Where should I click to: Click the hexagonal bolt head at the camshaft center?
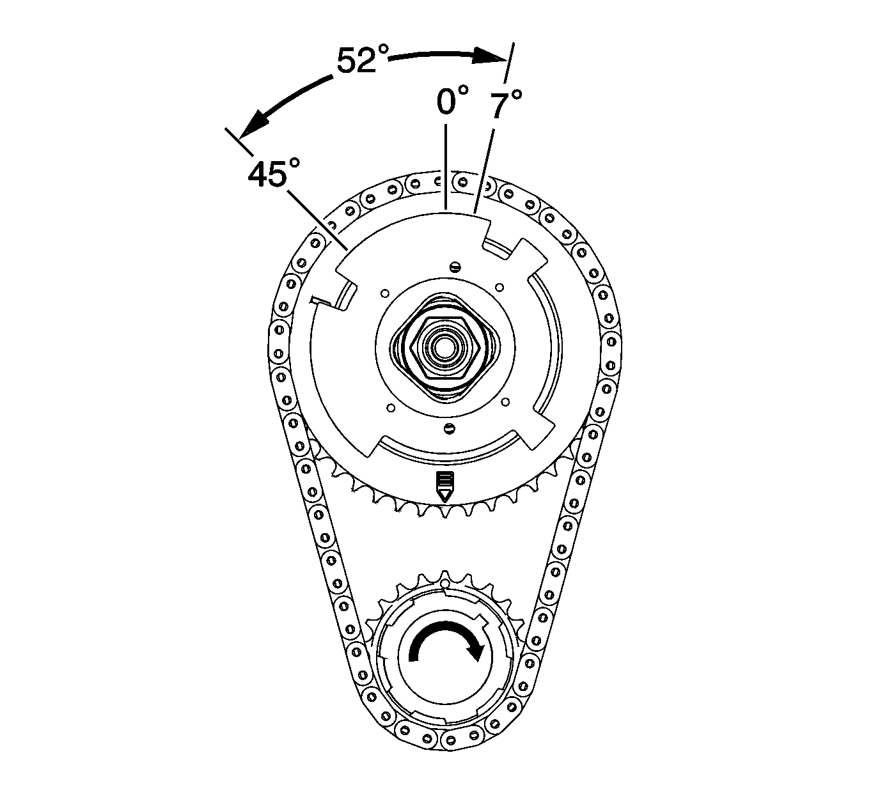(x=446, y=348)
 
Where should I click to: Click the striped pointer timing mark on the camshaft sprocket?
(x=445, y=487)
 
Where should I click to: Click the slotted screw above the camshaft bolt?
(x=455, y=267)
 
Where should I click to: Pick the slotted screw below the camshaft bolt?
(x=448, y=428)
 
